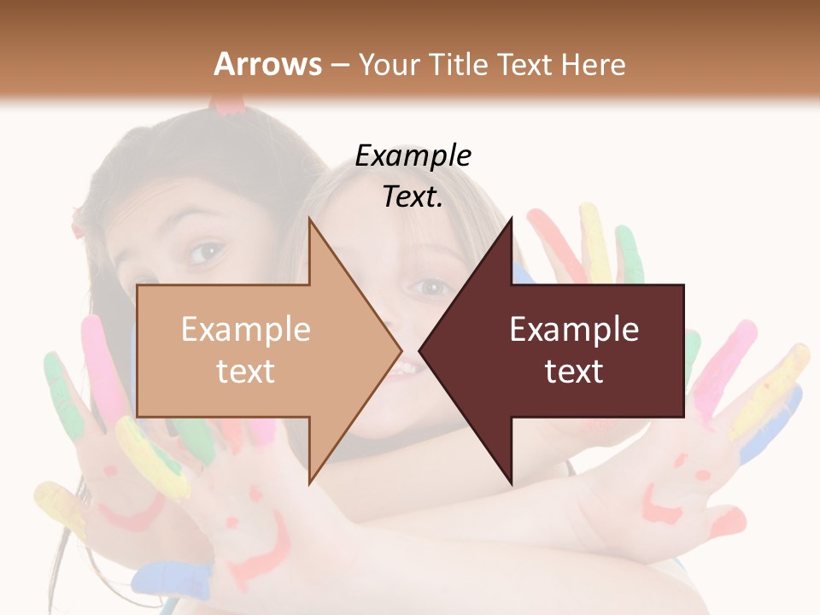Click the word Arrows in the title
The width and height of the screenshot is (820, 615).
[268, 64]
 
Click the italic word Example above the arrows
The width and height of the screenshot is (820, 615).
[413, 156]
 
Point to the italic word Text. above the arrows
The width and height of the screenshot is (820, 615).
[413, 197]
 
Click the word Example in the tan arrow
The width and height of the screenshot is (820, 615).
[246, 330]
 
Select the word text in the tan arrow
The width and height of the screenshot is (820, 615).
[246, 372]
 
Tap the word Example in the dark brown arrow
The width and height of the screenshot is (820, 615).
[574, 330]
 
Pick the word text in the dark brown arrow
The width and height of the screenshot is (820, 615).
[574, 372]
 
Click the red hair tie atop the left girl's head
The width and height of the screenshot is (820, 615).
[228, 105]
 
